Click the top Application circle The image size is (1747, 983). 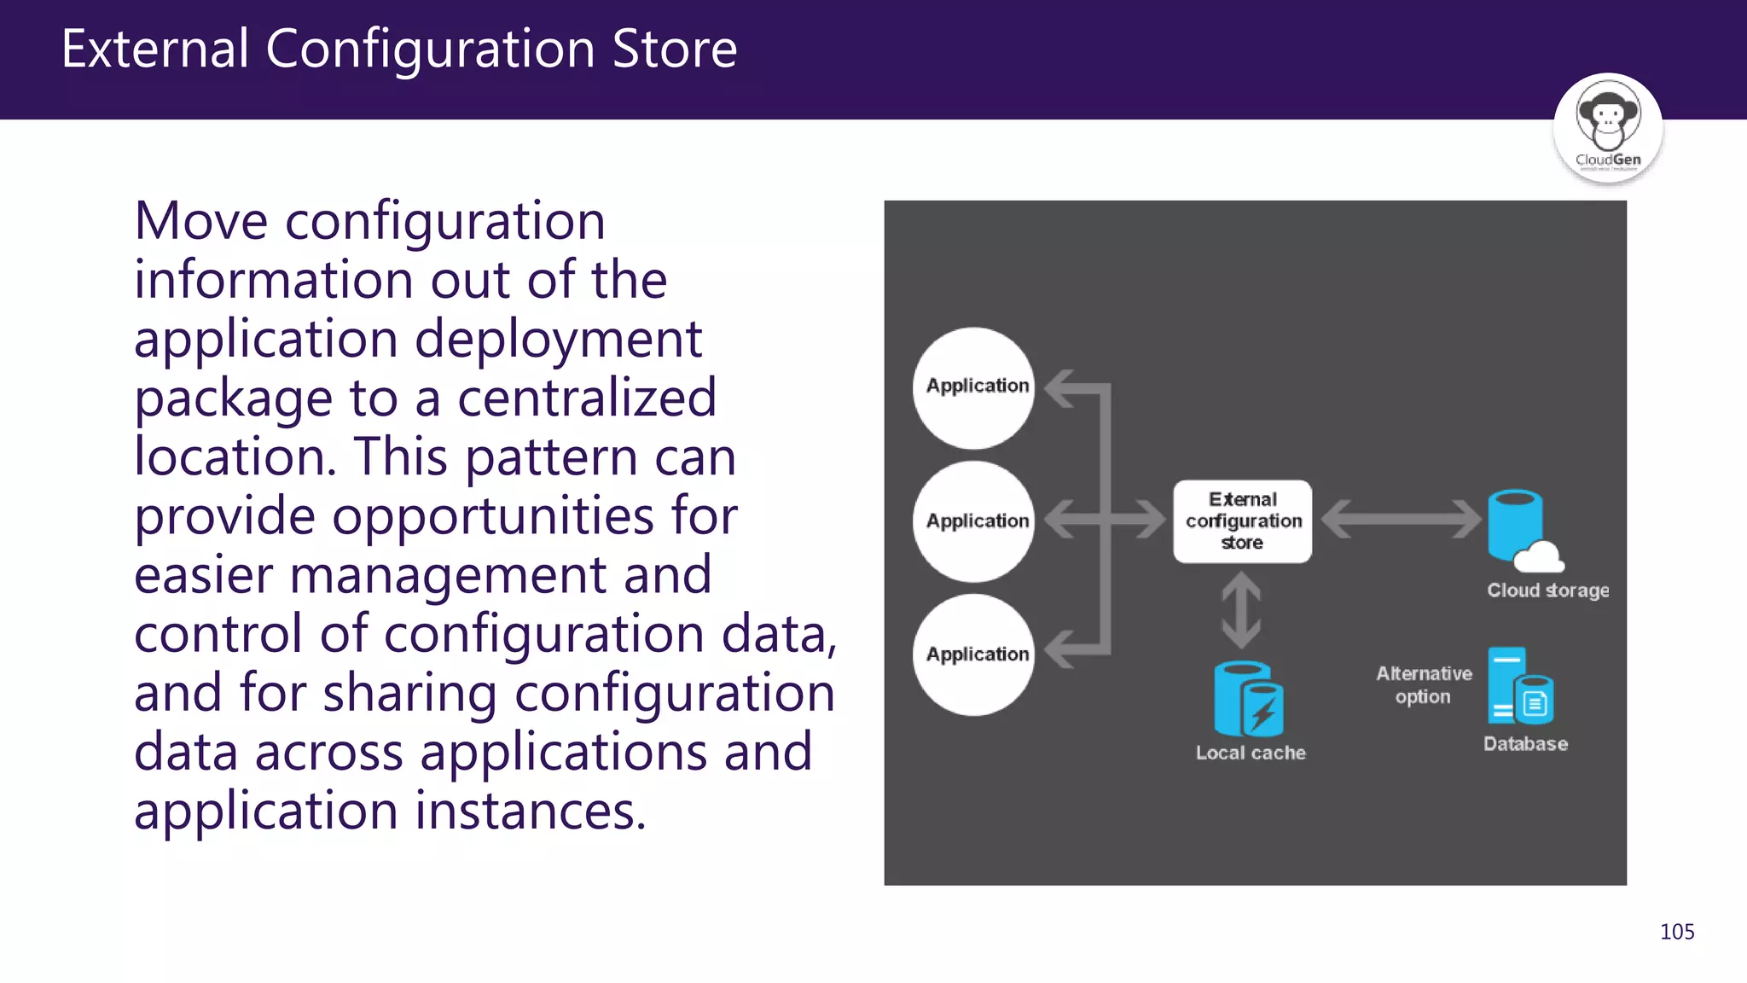tap(973, 388)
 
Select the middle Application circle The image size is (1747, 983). tap(973, 521)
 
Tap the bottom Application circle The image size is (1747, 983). tap(973, 654)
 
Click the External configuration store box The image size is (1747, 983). tap(1242, 521)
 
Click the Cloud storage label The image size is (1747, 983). tap(1547, 590)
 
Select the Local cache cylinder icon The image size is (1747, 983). tap(1247, 699)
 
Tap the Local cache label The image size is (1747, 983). tap(1251, 753)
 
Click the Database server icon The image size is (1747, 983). tap(1518, 686)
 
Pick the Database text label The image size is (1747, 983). tap(1525, 744)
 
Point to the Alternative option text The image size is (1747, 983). tap(1424, 685)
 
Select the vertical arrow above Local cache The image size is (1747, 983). tap(1241, 610)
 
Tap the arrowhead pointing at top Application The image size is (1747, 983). tap(1059, 389)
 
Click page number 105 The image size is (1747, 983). tap(1676, 932)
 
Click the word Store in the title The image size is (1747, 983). tap(674, 49)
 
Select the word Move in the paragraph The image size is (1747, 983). tap(201, 221)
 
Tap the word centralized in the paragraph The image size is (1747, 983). tap(587, 398)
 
